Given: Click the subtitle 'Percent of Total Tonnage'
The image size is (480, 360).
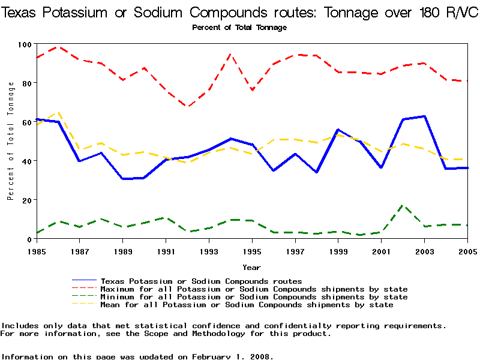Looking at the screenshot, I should (239, 28).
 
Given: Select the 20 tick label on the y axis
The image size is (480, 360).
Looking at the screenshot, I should (26, 200).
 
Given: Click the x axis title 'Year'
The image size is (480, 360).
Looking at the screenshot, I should (251, 267).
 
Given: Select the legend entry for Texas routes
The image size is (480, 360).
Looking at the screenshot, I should (201, 281).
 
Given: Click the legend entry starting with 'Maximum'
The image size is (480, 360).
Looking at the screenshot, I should (254, 289).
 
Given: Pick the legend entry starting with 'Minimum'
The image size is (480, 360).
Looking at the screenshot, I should (254, 297).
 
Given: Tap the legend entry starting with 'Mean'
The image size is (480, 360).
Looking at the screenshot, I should (247, 305).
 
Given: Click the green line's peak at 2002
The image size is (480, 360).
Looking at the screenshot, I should (403, 205).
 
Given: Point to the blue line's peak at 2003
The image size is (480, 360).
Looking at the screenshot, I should (424, 116).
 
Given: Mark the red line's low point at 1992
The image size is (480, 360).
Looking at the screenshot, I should (188, 107).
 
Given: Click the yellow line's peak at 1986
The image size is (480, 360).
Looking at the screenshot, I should (58, 112).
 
